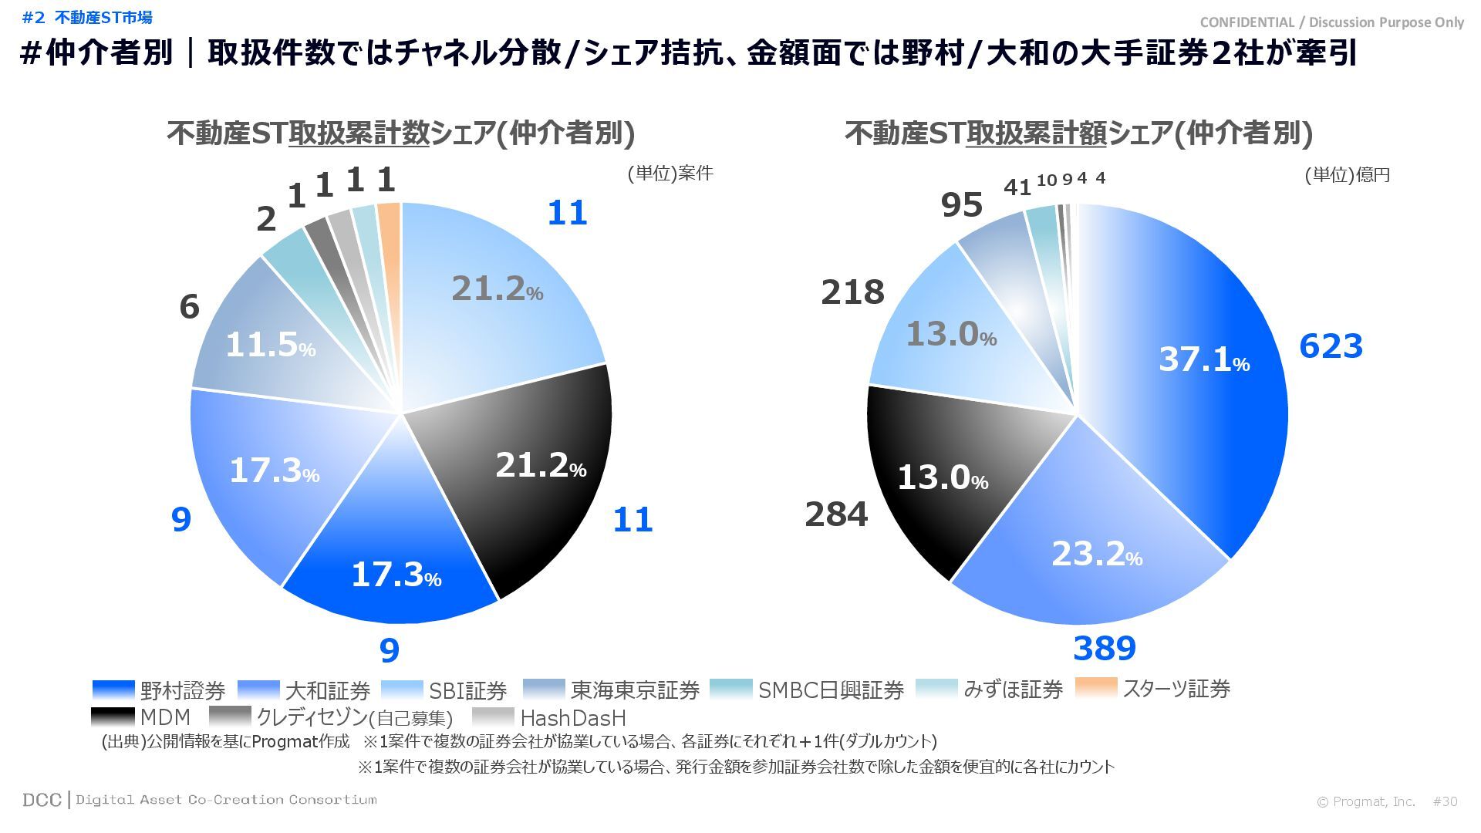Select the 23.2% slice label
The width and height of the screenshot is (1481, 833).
[x=1096, y=554]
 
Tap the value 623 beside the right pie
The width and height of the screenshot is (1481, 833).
[x=1331, y=346]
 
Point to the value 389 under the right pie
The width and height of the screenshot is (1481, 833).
[x=1104, y=649]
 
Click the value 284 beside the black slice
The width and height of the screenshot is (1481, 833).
[x=836, y=514]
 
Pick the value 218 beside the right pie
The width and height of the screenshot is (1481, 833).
[x=852, y=292]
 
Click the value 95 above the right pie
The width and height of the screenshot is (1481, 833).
[x=961, y=205]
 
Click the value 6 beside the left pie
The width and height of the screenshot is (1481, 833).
[x=189, y=307]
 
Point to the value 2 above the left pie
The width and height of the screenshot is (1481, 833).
[x=265, y=220]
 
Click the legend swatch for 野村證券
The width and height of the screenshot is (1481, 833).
[x=113, y=689]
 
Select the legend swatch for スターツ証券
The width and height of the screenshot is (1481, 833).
[x=1095, y=687]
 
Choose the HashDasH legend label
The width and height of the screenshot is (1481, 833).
[x=572, y=718]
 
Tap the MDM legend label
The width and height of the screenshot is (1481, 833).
[x=165, y=717]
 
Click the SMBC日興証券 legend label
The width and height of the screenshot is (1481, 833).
[x=830, y=690]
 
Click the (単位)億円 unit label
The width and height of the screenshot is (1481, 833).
[x=1347, y=175]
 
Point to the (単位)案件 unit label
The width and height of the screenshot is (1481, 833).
[x=670, y=173]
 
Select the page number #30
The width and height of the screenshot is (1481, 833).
[x=1445, y=801]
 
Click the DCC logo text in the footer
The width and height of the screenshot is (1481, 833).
[x=42, y=800]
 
